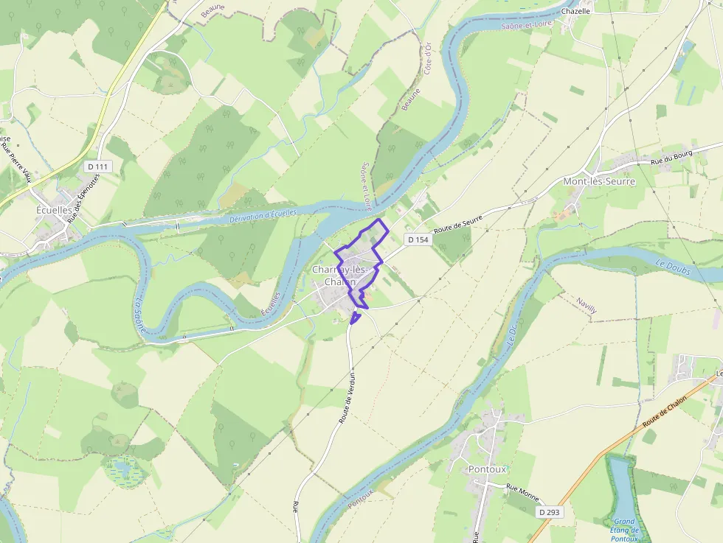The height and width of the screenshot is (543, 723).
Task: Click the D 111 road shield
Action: coord(97,167)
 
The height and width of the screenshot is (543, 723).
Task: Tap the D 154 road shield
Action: coord(418,239)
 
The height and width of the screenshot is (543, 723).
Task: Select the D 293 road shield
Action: coord(550,511)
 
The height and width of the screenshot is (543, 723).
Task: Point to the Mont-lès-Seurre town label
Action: coord(598,181)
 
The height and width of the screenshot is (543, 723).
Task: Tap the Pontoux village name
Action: coord(487,469)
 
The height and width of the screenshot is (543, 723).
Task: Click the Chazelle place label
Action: coord(576,11)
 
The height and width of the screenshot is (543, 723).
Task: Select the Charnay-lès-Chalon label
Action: coord(340,276)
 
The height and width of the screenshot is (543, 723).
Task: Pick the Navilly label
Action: coord(586,306)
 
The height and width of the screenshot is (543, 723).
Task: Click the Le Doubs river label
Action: coord(672,267)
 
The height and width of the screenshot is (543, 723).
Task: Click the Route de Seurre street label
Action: coord(458,225)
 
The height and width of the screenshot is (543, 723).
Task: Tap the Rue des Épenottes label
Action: coord(83,203)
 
